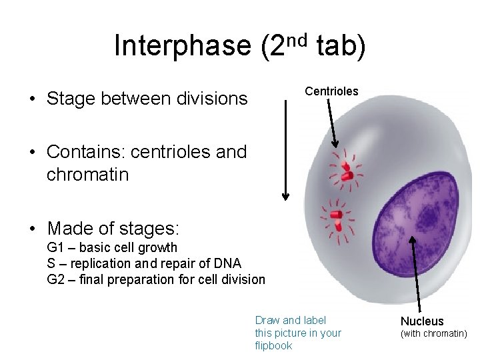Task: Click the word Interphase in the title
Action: [x=182, y=46]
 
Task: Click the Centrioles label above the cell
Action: [x=331, y=91]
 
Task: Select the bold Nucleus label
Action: [x=422, y=321]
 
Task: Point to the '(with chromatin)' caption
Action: [x=433, y=333]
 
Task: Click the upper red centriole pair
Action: [x=345, y=171]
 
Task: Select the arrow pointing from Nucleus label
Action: [x=417, y=273]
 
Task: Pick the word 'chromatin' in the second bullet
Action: [x=88, y=175]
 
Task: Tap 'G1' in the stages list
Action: [x=55, y=248]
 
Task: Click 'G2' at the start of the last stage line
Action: [x=55, y=279]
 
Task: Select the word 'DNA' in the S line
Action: [x=228, y=263]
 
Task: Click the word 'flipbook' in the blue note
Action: [x=273, y=345]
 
